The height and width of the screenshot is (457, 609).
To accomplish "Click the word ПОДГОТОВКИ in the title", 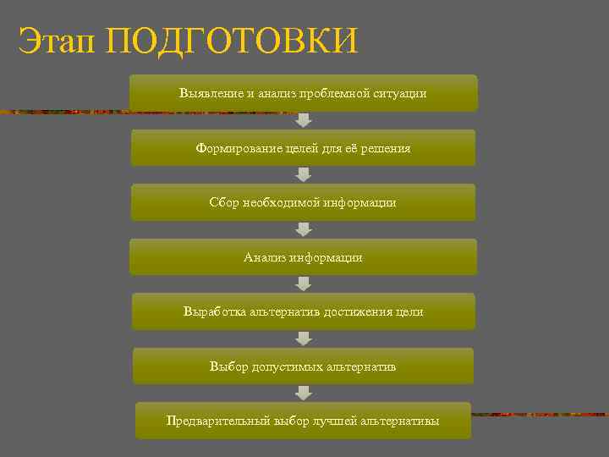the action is coord(233,41).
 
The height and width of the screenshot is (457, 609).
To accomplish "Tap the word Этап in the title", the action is coord(58,41).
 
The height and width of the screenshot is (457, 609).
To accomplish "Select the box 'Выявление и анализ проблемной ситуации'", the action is coord(303,93).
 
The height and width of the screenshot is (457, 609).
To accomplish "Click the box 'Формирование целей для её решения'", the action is coord(303,148).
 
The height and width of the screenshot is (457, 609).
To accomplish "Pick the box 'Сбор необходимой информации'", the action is coord(303,203).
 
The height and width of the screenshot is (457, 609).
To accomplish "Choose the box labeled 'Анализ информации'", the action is coord(303,257).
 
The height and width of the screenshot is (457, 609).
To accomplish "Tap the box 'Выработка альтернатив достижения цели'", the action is coord(303,311).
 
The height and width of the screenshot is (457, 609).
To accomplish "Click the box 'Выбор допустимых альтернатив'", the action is coord(303,366).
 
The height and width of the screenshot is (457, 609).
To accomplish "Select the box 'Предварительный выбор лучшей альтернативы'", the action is coord(303,421).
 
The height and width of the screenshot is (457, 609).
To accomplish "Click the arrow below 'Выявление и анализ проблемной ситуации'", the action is coord(304,120).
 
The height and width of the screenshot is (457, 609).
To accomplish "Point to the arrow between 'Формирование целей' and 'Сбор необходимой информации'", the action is coord(304,174).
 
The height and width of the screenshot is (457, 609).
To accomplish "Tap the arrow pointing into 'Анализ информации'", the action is coord(304,229).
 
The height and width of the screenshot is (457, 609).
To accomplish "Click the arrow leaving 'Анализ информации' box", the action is coord(304,284).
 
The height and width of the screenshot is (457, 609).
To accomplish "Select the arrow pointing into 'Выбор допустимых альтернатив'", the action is coord(304,339).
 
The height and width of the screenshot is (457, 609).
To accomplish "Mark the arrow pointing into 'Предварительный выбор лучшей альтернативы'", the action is coord(304,393).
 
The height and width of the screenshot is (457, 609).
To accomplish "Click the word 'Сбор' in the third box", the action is coord(224,203).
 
